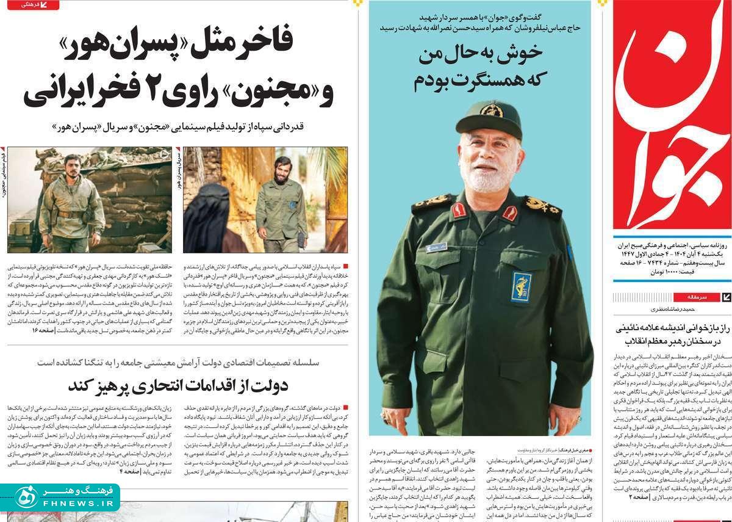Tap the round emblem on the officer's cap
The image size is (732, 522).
491,110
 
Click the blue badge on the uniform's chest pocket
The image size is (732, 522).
521,286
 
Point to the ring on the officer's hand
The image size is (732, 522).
386,416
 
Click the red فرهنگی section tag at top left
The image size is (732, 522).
34,5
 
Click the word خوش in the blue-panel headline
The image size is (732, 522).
509,55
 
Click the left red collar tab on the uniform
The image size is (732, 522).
458,210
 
